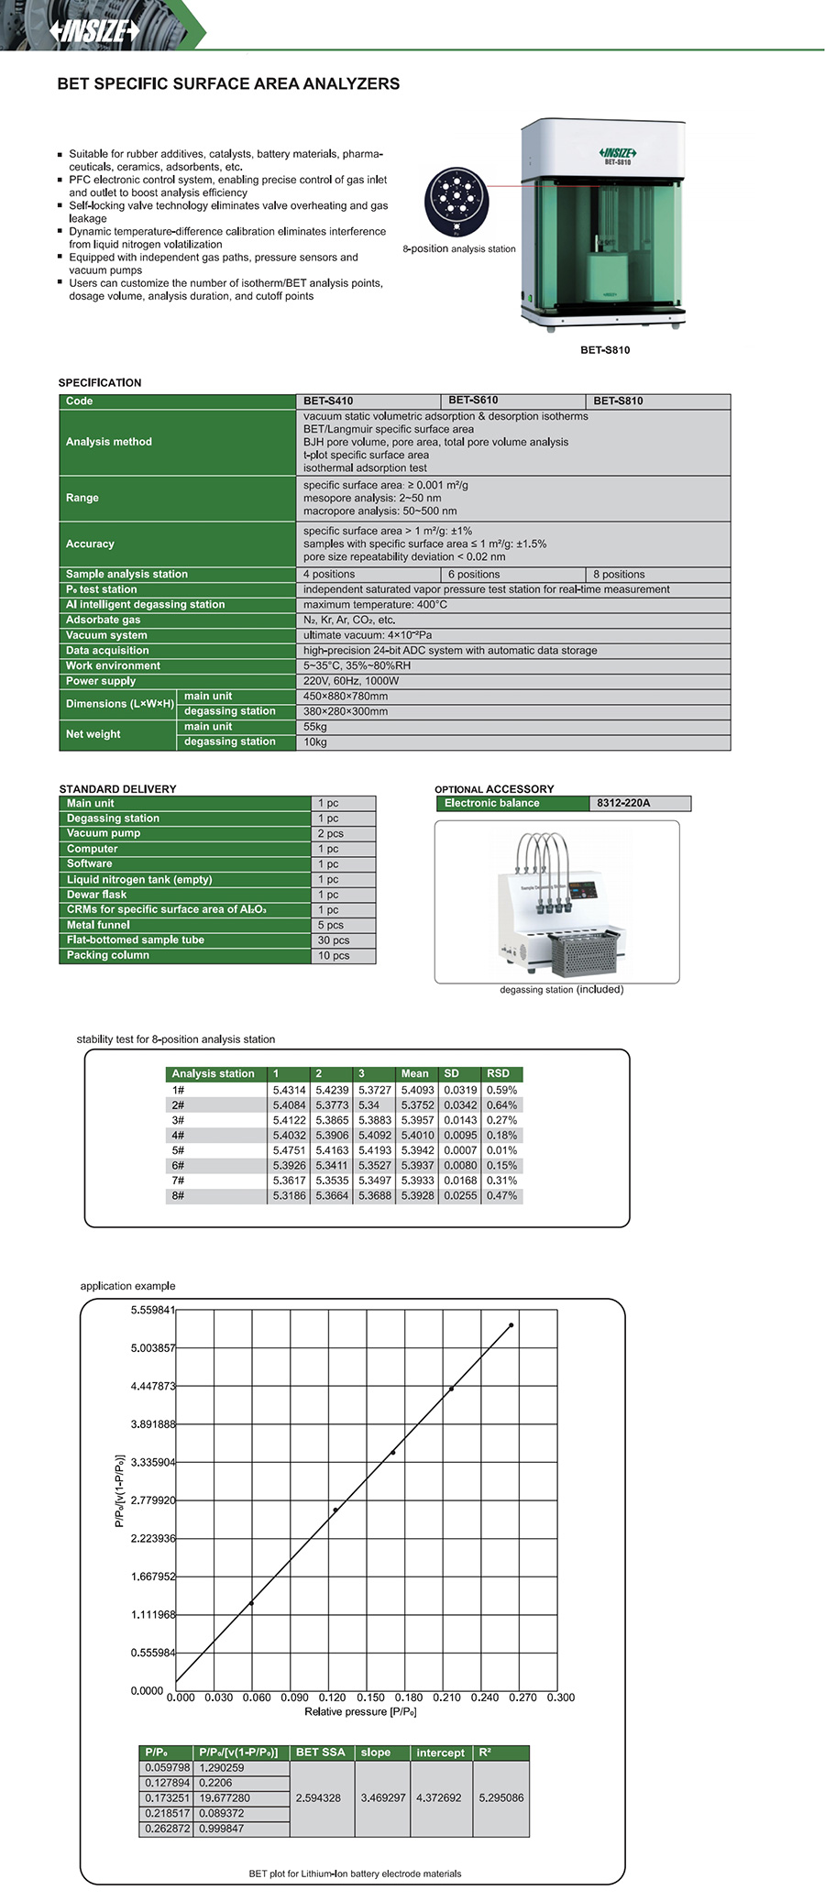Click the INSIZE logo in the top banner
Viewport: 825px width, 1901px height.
click(94, 30)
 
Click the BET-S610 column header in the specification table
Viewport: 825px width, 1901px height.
click(473, 401)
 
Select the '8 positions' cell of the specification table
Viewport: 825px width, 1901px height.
click(619, 575)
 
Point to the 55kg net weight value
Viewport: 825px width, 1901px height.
click(315, 727)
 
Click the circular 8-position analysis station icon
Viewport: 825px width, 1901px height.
click(456, 202)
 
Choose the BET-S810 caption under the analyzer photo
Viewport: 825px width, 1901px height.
click(605, 350)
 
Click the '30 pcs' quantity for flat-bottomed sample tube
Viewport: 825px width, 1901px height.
click(334, 940)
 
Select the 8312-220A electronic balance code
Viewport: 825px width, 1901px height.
click(623, 803)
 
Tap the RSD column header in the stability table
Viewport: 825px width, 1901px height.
click(498, 1073)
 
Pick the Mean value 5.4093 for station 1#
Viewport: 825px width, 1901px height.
click(417, 1090)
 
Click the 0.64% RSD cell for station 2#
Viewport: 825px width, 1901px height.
click(501, 1105)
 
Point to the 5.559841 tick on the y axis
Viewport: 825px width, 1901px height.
click(152, 1310)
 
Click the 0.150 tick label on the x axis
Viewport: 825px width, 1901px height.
click(370, 1698)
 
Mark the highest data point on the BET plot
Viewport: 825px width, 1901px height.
click(511, 1324)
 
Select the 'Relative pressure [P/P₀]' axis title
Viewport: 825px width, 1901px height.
click(360, 1711)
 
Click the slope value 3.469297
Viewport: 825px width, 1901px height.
click(382, 1798)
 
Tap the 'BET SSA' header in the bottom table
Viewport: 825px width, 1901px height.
click(320, 1753)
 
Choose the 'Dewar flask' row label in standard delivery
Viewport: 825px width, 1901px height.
click(96, 895)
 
